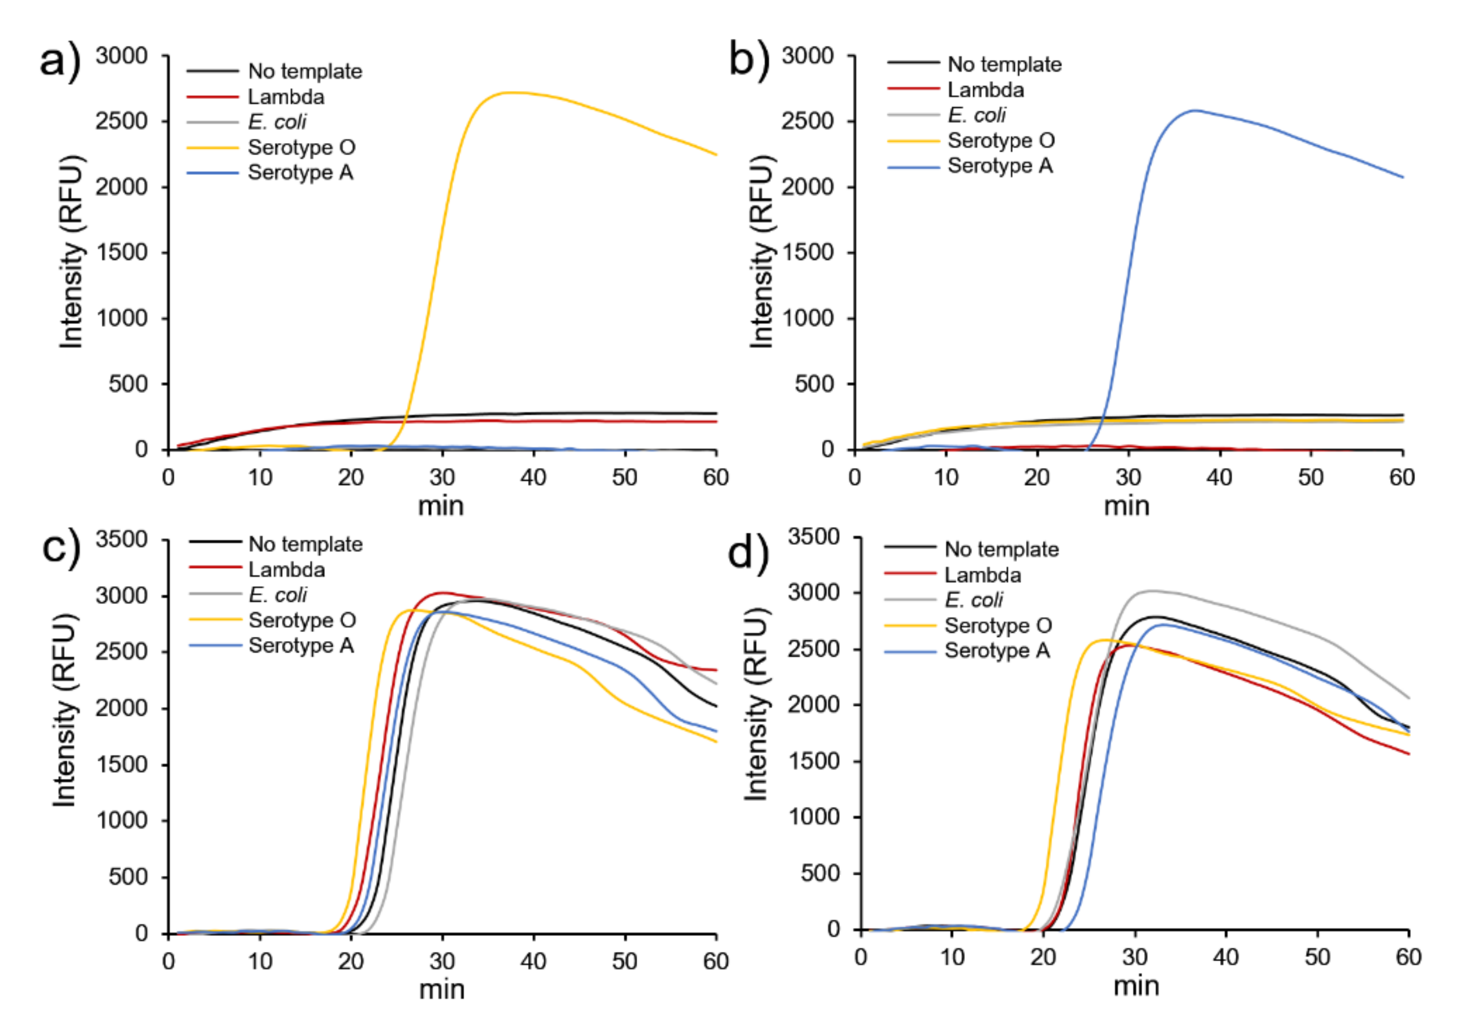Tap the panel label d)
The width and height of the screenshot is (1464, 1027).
pyautogui.click(x=749, y=552)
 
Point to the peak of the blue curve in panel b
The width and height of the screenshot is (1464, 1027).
pyautogui.click(x=1195, y=111)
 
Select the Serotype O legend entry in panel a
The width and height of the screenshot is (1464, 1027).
pyautogui.click(x=301, y=147)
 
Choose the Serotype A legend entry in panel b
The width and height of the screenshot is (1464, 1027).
pyautogui.click(x=999, y=166)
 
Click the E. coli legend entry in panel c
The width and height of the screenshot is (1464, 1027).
pyautogui.click(x=277, y=595)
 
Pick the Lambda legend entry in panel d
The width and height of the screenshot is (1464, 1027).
pyautogui.click(x=982, y=575)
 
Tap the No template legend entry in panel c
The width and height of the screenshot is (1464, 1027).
pyautogui.click(x=305, y=544)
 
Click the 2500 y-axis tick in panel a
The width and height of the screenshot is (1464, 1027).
pyautogui.click(x=121, y=121)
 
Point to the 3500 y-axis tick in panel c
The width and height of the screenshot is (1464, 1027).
pyautogui.click(x=121, y=540)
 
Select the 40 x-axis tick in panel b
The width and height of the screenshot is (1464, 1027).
pyautogui.click(x=1219, y=477)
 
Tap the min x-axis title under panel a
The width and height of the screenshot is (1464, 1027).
pyautogui.click(x=441, y=506)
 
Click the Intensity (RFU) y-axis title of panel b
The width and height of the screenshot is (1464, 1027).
pyautogui.click(x=761, y=252)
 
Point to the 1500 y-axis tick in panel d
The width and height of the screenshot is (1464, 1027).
pyautogui.click(x=814, y=760)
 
